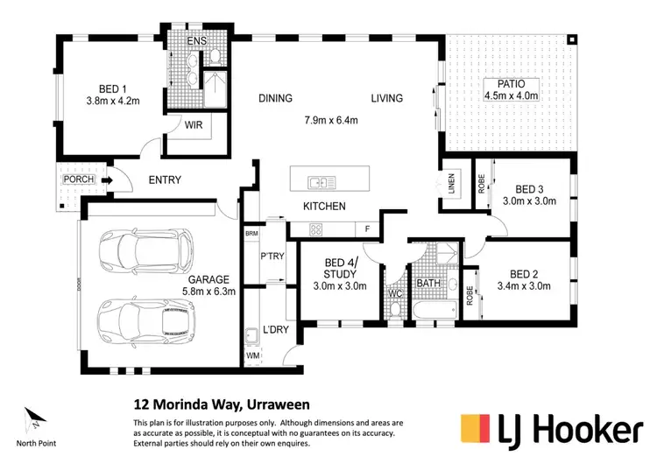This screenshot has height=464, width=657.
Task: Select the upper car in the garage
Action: click(x=147, y=250)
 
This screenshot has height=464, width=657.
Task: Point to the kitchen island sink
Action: click(x=317, y=183)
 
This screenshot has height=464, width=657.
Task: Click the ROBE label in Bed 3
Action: click(x=482, y=186)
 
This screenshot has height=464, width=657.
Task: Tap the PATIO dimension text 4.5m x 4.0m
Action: click(x=512, y=95)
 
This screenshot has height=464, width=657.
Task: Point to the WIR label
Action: click(x=194, y=125)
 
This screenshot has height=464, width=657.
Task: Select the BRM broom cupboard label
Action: click(x=252, y=234)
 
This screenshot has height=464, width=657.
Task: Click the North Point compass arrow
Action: click(x=32, y=418)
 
